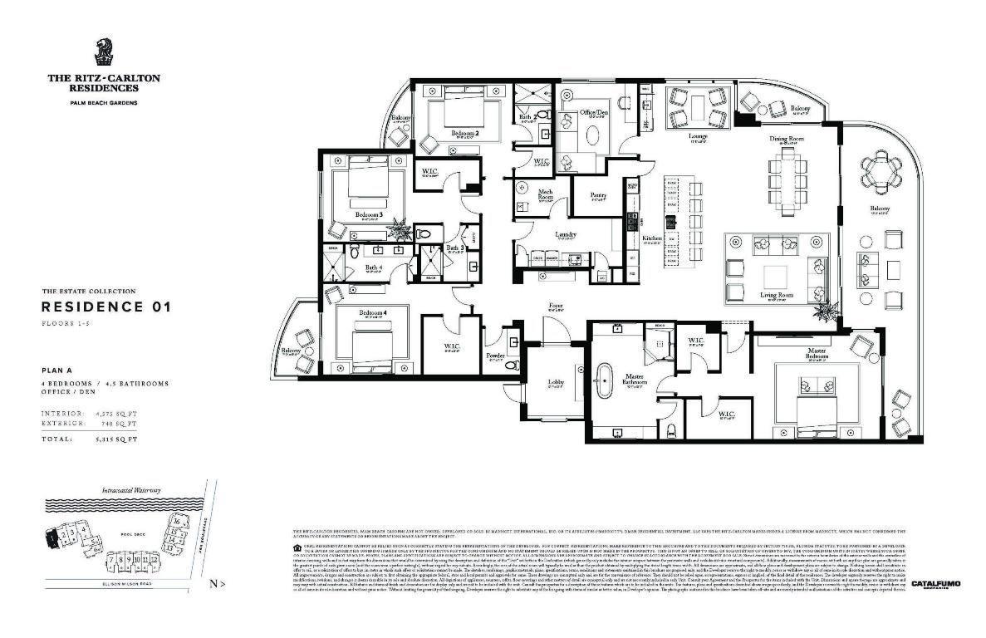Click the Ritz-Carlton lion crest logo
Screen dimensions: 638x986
(x=104, y=51)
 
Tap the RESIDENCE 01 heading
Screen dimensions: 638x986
(x=106, y=307)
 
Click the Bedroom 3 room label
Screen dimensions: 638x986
(x=368, y=214)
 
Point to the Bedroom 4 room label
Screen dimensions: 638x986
(x=372, y=313)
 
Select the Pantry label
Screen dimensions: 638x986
(x=598, y=195)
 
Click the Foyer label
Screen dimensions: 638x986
(x=556, y=306)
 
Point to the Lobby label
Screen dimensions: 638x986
(x=556, y=382)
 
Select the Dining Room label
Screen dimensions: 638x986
(x=785, y=139)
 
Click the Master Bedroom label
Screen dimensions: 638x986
(x=818, y=354)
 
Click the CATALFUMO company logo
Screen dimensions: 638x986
(x=935, y=584)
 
